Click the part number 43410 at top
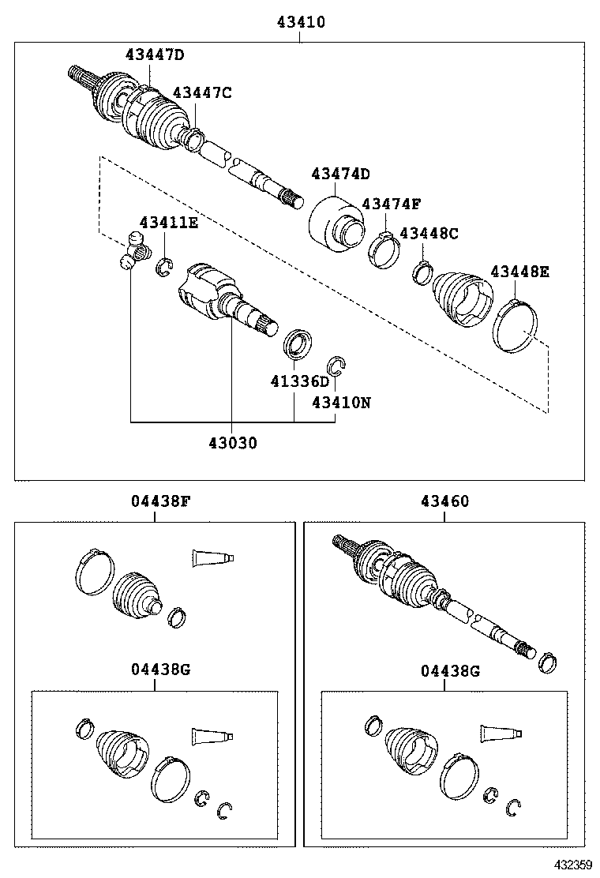coord(300,24)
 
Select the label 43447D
coord(155,54)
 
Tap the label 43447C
coord(202,93)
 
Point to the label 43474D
coord(340,174)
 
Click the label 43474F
coord(392,204)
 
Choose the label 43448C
coord(429,234)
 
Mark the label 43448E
coord(519,272)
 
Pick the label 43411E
coord(169,223)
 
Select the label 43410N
coord(341,402)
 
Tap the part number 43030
coord(233,443)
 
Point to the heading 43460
coord(444,501)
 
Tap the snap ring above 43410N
coord(337,365)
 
